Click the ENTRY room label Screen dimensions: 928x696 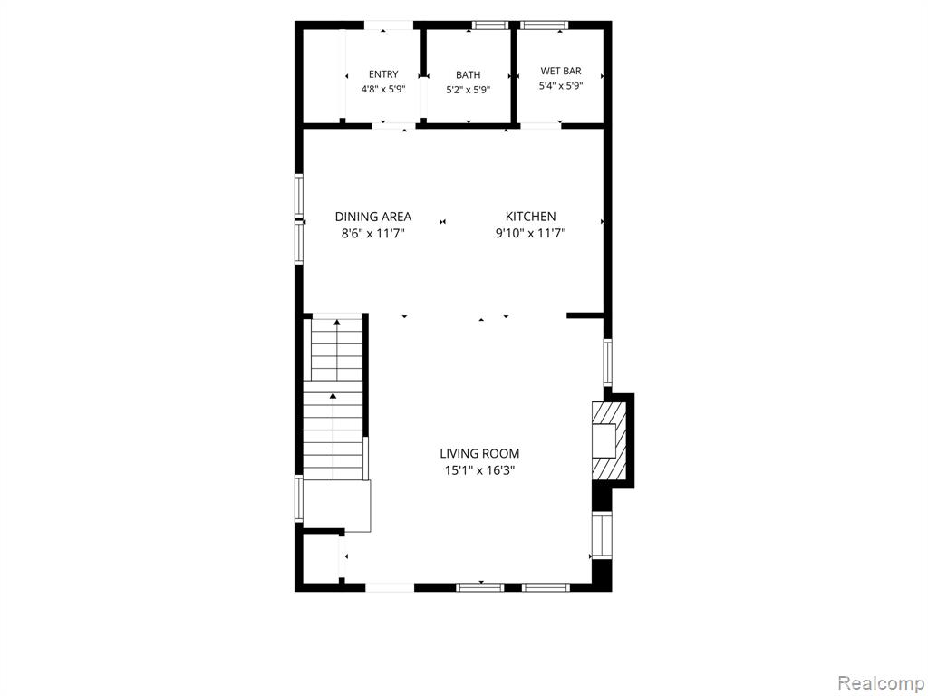tap(383, 74)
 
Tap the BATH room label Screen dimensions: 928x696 tap(469, 74)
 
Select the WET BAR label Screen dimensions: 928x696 tap(560, 71)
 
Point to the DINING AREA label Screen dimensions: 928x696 tap(372, 217)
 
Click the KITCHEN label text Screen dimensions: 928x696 tap(530, 217)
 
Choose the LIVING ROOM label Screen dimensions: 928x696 tap(479, 454)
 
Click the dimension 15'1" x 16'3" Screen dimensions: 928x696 tap(479, 470)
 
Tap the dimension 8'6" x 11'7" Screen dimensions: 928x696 tap(372, 233)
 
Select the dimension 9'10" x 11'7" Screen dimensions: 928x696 tap(530, 233)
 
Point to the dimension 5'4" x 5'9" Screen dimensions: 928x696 tap(560, 86)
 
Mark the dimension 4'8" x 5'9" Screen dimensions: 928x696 tap(383, 90)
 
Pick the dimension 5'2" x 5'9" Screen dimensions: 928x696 tap(469, 90)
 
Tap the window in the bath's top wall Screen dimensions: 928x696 tap(490, 24)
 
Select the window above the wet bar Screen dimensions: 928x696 tap(544, 24)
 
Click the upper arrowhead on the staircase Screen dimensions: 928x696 tap(337, 323)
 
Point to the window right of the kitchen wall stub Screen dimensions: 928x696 tap(607, 362)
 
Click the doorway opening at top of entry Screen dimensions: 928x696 tap(388, 24)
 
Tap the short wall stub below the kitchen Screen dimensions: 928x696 tap(585, 316)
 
